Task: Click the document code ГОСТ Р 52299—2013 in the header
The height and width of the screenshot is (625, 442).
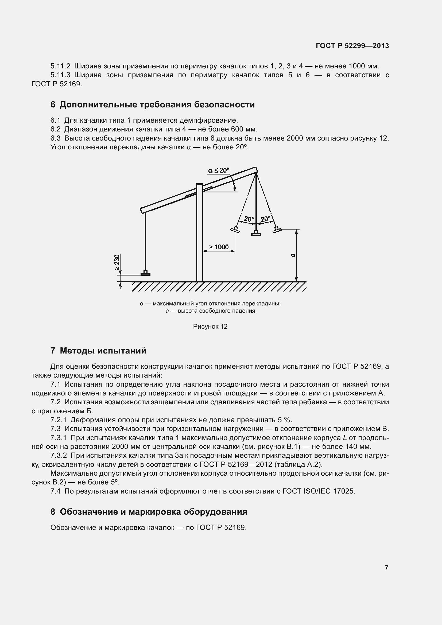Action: coord(352,46)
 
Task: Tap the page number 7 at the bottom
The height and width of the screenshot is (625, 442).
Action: coord(386,568)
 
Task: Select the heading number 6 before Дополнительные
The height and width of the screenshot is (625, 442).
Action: coord(53,104)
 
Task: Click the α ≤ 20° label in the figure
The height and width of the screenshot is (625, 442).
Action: coord(219,170)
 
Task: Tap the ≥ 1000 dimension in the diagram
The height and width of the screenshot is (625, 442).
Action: coord(219,247)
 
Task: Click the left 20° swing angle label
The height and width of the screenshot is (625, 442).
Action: coord(249,219)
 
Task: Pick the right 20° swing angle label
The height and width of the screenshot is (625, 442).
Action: coord(265,219)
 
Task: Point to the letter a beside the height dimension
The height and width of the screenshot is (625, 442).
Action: coord(293,255)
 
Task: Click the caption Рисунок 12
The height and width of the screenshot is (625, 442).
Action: coord(210,326)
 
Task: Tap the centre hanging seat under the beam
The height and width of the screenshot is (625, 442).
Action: coord(256,233)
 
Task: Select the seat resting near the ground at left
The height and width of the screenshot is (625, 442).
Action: coord(145,273)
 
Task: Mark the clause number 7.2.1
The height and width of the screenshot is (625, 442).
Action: coord(59,420)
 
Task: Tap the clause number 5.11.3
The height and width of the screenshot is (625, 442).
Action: coord(60,75)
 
